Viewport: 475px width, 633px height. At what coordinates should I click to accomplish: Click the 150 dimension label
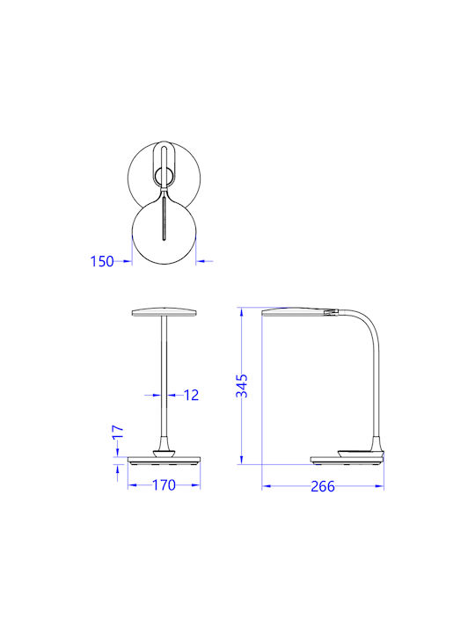tap(102, 261)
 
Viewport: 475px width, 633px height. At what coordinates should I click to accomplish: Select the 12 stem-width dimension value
tap(191, 395)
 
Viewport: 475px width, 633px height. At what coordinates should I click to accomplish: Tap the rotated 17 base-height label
tap(118, 432)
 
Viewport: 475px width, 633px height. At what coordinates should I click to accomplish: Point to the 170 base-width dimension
tap(164, 484)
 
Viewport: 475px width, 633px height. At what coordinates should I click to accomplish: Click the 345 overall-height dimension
tap(242, 386)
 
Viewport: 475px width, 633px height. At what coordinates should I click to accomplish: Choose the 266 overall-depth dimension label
tap(323, 486)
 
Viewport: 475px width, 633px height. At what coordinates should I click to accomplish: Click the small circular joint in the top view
tap(164, 178)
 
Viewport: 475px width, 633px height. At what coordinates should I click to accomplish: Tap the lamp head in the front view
tap(164, 312)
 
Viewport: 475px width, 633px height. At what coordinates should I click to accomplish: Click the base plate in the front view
tap(164, 460)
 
